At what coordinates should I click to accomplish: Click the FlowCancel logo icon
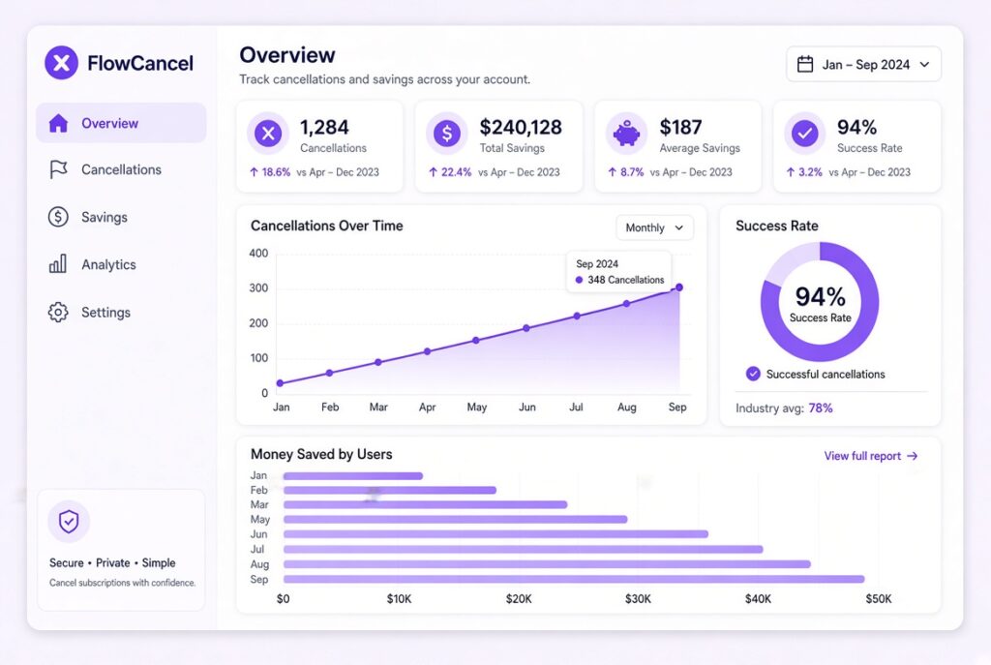coord(61,63)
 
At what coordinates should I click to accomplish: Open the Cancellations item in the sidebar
coord(121,169)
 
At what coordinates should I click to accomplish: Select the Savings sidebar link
coord(105,217)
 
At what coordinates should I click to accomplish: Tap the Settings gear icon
coord(58,312)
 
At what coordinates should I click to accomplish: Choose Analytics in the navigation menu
coord(108,264)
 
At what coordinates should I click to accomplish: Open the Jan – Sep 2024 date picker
coord(863,64)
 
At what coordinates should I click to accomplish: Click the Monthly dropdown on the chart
coord(654,227)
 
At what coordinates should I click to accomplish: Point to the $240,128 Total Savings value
coord(521,127)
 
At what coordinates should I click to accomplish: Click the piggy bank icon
coord(626,134)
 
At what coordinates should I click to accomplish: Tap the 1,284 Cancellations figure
coord(324,127)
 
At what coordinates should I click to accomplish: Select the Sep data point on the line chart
coord(679,287)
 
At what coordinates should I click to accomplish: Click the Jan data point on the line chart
coord(280,383)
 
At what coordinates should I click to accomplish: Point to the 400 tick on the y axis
coord(259,254)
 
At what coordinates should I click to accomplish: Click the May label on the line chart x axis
coord(477,408)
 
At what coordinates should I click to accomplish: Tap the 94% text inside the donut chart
coord(821,296)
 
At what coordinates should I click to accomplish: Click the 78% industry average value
coord(821,408)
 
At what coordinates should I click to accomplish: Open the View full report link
coord(870,456)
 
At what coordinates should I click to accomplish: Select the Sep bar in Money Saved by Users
coord(574,579)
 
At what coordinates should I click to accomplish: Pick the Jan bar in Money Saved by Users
coord(352,475)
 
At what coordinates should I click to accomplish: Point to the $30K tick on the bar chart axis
coord(638,598)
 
